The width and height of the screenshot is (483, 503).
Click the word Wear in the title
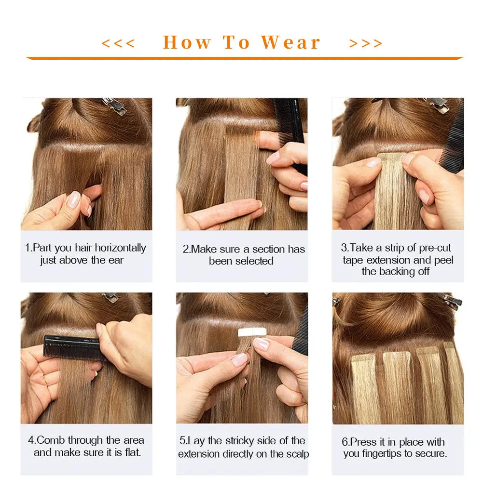290,43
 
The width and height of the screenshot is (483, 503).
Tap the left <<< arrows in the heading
118,43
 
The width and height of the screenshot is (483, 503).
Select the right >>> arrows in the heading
366,43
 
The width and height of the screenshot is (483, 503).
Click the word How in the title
187,43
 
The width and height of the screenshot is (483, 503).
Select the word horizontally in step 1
120,248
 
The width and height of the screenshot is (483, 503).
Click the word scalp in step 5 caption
298,454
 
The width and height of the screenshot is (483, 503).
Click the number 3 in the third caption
344,248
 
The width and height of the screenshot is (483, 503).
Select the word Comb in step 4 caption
51,440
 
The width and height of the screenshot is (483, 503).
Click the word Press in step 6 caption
363,442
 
